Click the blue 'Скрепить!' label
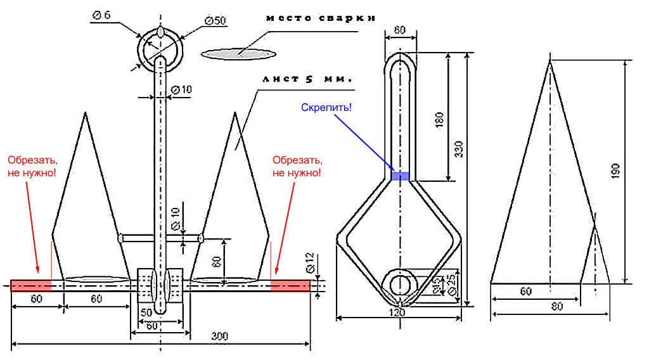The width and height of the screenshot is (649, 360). coord(326,108)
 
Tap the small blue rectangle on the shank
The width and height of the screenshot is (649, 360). coord(399,176)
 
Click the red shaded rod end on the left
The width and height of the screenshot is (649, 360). coord(30,286)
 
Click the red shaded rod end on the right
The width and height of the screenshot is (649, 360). coord(291,286)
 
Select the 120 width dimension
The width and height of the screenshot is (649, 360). coord(397,312)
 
